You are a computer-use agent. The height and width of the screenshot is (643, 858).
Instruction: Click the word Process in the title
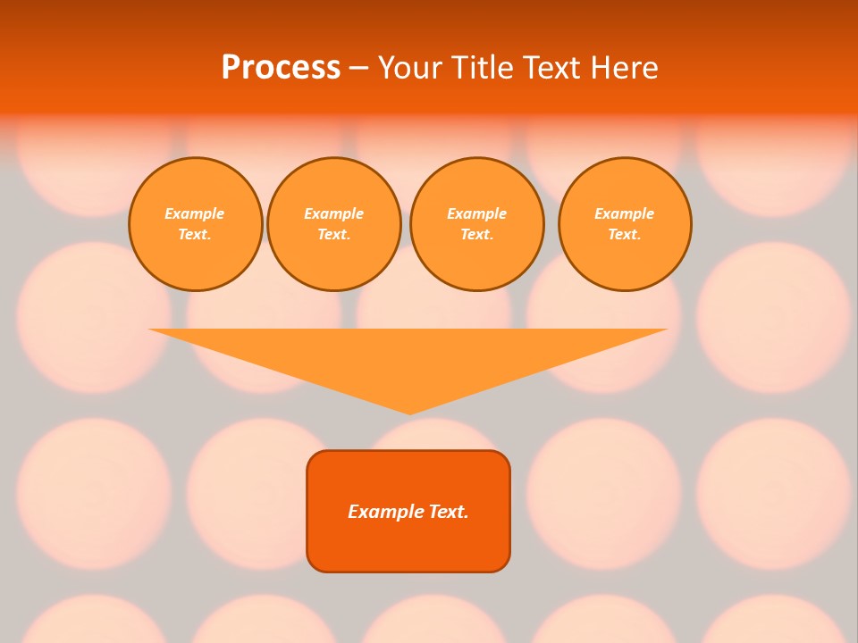[x=281, y=67]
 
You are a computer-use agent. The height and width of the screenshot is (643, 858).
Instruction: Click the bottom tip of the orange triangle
[x=409, y=412]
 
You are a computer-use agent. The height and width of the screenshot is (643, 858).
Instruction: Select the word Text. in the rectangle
[x=449, y=512]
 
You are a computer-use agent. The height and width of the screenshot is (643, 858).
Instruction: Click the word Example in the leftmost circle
[x=195, y=213]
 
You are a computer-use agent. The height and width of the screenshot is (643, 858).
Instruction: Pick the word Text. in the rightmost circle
[x=625, y=235]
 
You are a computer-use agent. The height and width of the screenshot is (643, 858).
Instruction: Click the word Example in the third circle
[x=477, y=213]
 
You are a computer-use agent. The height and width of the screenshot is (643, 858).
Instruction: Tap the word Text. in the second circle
[x=334, y=235]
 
